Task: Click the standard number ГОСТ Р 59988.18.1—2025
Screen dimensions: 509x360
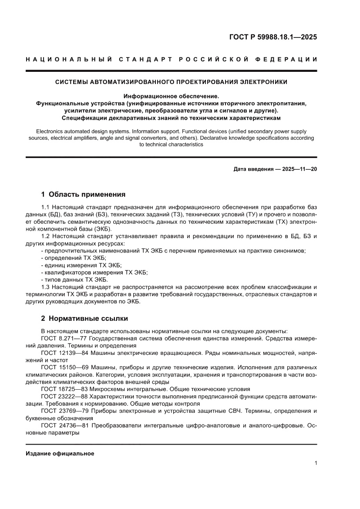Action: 273,37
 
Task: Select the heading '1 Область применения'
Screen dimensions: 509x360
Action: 83,194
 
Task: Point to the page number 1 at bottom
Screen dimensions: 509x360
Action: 315,463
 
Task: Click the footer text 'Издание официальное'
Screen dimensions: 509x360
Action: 60,454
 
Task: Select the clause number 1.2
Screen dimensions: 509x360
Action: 45,236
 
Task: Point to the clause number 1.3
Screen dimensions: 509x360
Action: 45,287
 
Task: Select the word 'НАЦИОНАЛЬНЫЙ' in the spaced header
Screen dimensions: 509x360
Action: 66,59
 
